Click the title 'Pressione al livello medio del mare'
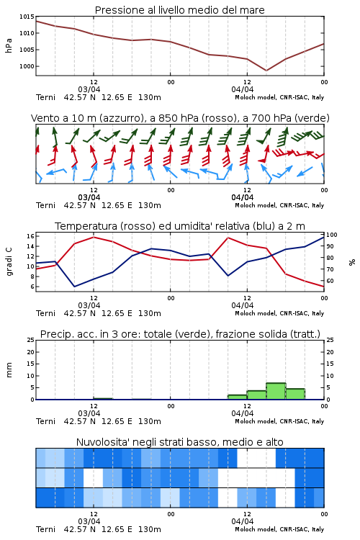tap(179, 10)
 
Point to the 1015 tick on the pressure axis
tap(27, 17)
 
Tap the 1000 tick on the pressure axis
tap(27, 66)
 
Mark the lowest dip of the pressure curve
tap(266, 71)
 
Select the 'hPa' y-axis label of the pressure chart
tap(9, 45)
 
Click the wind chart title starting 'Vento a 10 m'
tap(180, 118)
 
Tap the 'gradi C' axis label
tap(9, 261)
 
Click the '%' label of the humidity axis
tap(352, 262)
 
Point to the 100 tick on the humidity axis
tap(332, 235)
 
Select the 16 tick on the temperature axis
tap(30, 236)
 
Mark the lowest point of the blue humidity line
tap(75, 287)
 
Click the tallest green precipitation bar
tap(276, 391)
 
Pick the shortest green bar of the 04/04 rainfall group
tap(238, 397)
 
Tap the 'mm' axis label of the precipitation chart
tap(9, 370)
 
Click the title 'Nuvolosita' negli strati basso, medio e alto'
tap(179, 442)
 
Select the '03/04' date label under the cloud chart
tap(89, 521)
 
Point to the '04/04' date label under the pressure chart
tap(242, 89)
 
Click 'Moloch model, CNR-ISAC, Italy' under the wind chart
tap(279, 205)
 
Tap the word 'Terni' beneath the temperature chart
tap(45, 313)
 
